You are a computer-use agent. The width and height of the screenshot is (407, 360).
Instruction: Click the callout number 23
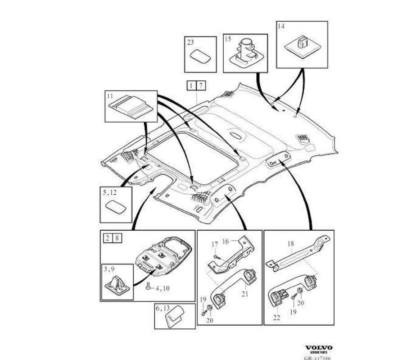tap(190, 42)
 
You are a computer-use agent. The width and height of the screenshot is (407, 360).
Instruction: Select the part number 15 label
tap(228, 40)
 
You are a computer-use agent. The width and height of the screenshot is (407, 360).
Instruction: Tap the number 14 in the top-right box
tap(281, 27)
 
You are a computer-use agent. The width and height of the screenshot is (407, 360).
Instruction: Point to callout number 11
tap(110, 96)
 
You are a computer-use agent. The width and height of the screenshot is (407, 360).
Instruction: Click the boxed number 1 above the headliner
tap(192, 85)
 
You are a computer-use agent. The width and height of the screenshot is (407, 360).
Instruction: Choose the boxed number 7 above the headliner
tap(201, 85)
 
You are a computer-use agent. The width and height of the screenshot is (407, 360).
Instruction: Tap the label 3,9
tap(109, 270)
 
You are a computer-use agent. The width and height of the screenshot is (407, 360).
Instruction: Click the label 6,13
tap(163, 309)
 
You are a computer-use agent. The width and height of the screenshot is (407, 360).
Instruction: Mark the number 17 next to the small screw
tap(215, 245)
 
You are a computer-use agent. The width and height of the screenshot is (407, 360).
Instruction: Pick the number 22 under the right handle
tap(277, 318)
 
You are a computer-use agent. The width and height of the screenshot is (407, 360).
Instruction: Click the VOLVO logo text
tap(319, 347)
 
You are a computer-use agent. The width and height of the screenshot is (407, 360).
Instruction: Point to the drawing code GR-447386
tap(317, 356)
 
